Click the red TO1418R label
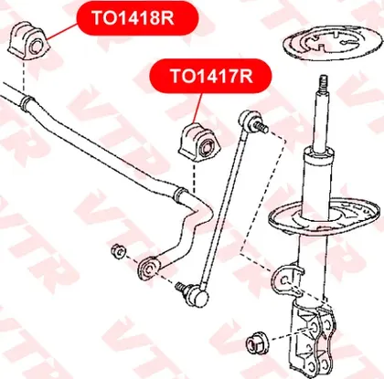click(x=138, y=17)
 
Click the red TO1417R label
click(x=210, y=76)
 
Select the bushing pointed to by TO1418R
click(x=29, y=41)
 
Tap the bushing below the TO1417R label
click(x=199, y=142)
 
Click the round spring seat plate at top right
click(x=333, y=44)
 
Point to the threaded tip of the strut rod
click(x=324, y=83)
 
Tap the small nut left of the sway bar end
click(x=118, y=251)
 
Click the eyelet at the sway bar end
click(x=148, y=268)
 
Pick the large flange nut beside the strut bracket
click(x=257, y=343)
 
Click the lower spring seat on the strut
click(x=325, y=217)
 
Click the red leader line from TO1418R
click(x=62, y=31)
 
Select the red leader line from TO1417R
click(x=197, y=109)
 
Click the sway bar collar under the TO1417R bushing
click(x=180, y=195)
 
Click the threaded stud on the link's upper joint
click(x=261, y=126)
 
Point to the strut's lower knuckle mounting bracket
click(x=314, y=338)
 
